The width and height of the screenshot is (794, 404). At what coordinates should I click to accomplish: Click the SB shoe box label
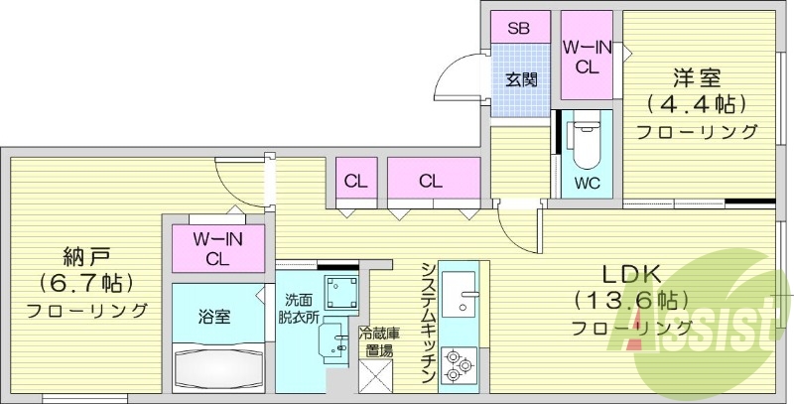pos(519,28)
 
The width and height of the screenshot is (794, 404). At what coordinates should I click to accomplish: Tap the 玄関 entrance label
pos(518,80)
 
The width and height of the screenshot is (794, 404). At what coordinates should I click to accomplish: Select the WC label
pos(587,183)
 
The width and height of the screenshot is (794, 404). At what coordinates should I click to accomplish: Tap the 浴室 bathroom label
pos(213,317)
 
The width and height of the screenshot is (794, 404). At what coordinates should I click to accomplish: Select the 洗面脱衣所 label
pos(299,308)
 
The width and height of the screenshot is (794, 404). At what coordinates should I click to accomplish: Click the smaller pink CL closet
pos(353,181)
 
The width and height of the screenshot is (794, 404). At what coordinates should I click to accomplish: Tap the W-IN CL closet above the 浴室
pos(216,249)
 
